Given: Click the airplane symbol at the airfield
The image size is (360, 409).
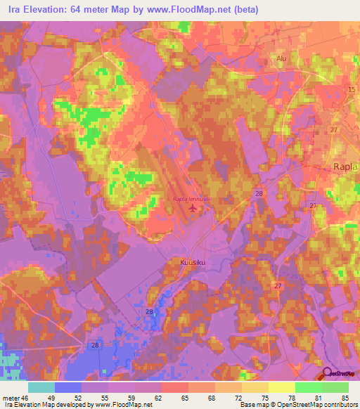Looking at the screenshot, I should click(x=193, y=208).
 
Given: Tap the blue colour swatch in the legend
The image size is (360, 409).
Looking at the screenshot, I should click(x=68, y=387).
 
